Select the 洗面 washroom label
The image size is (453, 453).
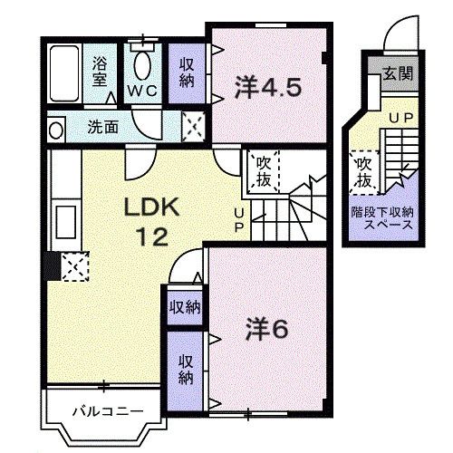click(x=102, y=127)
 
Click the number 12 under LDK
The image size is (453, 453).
click(x=151, y=238)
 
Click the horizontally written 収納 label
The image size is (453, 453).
click(x=185, y=306)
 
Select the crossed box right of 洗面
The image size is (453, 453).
click(x=193, y=126)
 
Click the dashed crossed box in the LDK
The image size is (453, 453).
click(x=72, y=265)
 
